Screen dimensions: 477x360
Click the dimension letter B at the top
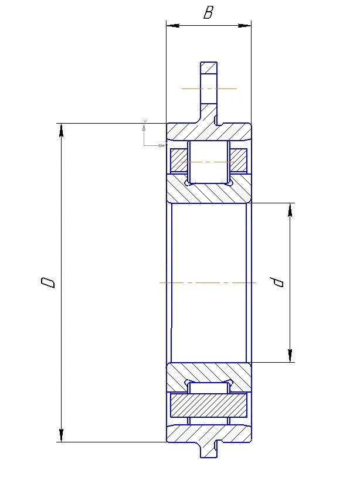pos(208,13)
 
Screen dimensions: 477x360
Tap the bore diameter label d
pos(279,282)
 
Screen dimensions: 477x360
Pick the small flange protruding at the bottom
pos(208,450)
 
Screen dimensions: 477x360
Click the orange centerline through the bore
pos(208,282)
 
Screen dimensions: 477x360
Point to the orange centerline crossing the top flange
pos(209,88)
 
